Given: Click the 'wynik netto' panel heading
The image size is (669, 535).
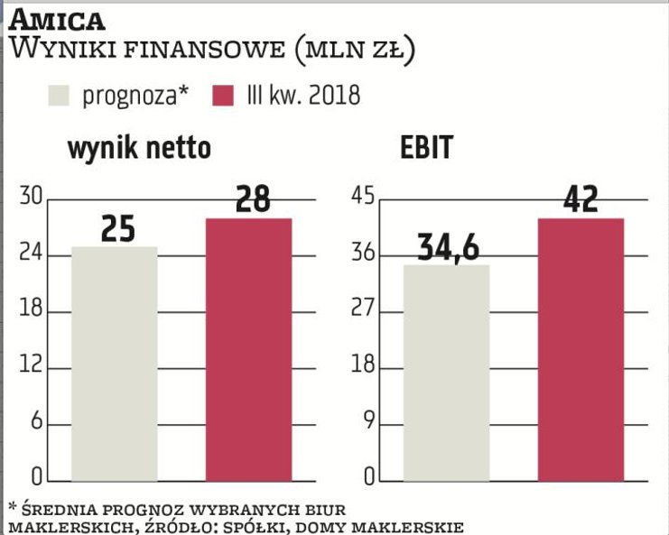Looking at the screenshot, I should click(139, 149).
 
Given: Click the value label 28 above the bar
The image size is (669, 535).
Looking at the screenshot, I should click(252, 199).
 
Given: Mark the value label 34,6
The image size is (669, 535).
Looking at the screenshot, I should click(448, 247).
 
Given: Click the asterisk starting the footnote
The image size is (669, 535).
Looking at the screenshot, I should click(12, 504).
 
